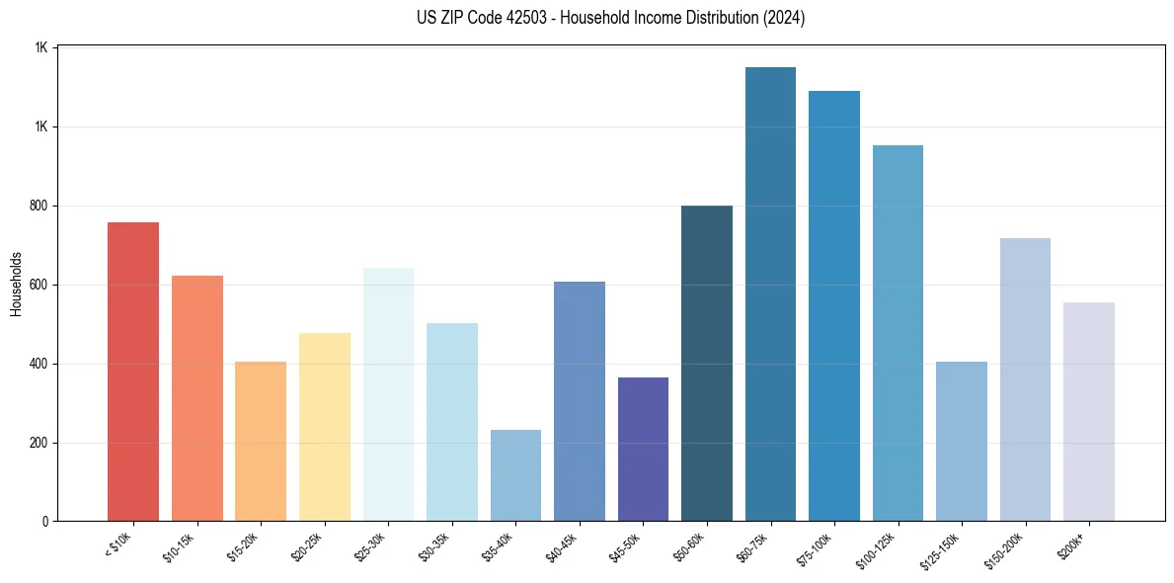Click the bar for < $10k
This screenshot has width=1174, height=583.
click(x=133, y=372)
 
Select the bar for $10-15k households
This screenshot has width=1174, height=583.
click(x=196, y=398)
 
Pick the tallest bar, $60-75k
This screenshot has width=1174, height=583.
click(x=770, y=293)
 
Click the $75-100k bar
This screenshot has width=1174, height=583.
click(x=833, y=305)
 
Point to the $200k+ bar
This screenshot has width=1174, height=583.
click(x=1088, y=411)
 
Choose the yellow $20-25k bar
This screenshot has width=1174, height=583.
click(x=324, y=427)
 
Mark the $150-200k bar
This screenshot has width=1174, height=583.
click(x=1025, y=379)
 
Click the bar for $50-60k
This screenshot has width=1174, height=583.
click(x=707, y=363)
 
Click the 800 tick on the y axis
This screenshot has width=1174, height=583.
click(x=39, y=206)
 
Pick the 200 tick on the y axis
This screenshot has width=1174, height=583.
click(x=39, y=443)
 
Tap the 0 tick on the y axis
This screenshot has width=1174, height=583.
click(x=45, y=522)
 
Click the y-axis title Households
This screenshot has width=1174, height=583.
click(x=16, y=284)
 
